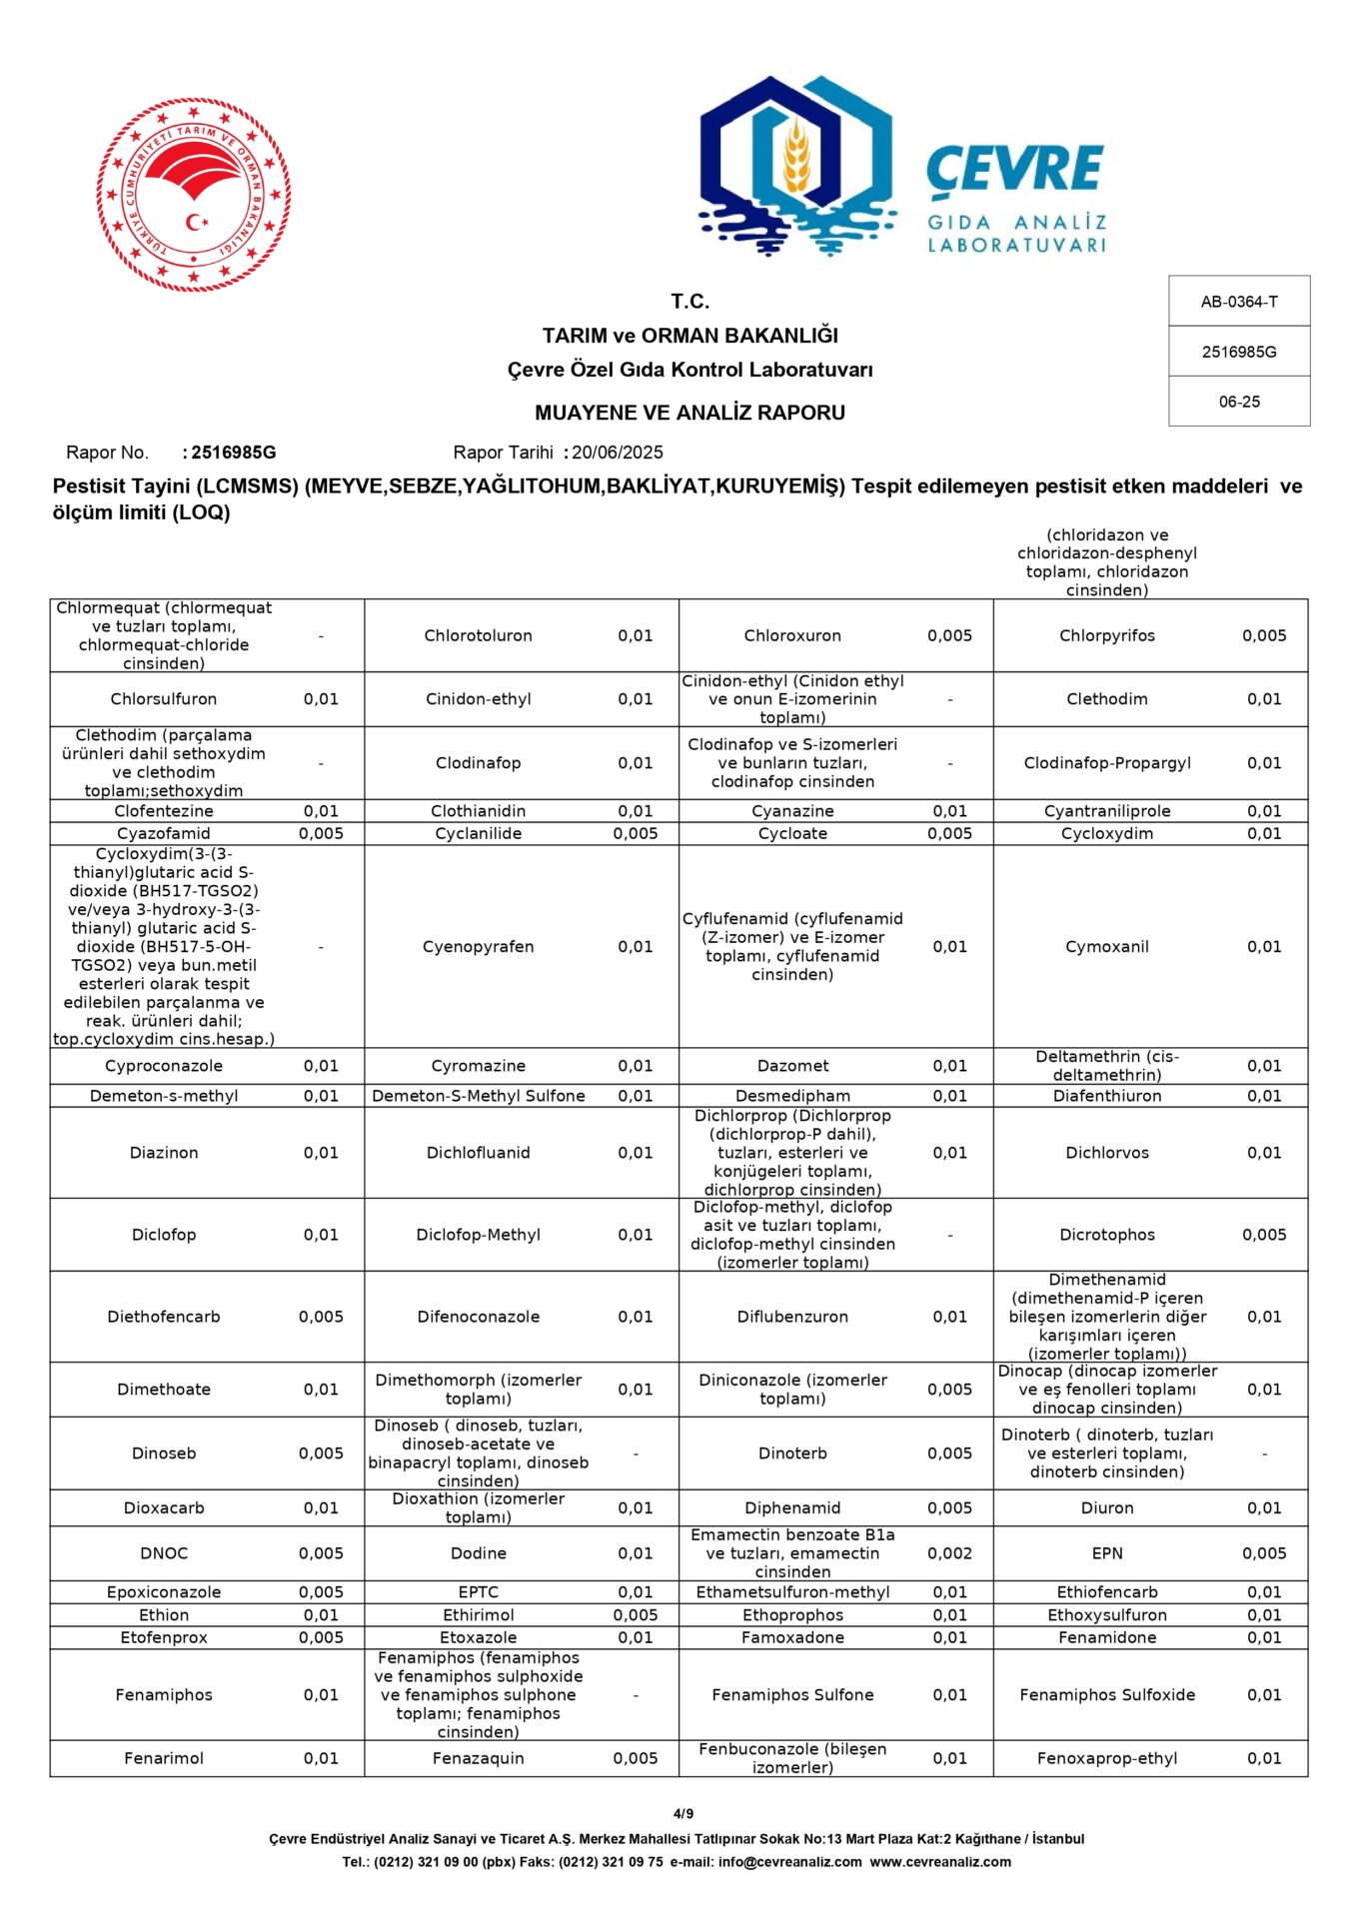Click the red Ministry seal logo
point(193,195)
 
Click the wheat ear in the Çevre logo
point(795,157)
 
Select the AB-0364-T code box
point(1238,302)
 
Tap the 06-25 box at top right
point(1238,402)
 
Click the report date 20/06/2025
point(617,453)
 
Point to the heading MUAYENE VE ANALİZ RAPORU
point(689,413)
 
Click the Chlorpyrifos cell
point(1106,635)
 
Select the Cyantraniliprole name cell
point(1106,811)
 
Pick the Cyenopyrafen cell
point(478,946)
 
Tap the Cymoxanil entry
point(1106,946)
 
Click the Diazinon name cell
point(164,1153)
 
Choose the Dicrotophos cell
point(1106,1235)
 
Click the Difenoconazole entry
point(478,1317)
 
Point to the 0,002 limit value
point(949,1553)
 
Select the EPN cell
point(1106,1553)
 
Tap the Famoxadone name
point(792,1637)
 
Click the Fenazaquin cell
point(478,1758)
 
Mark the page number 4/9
point(683,1813)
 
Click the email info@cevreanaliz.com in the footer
point(789,1862)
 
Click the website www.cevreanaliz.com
point(940,1862)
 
